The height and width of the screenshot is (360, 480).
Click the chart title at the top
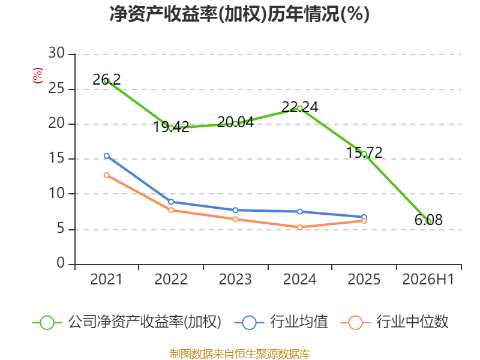point(239,14)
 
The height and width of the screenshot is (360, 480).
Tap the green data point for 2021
point(107,81)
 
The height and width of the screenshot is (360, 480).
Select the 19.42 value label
point(171,127)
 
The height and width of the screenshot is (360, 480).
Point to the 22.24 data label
point(300,107)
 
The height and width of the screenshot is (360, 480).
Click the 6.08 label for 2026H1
point(428,220)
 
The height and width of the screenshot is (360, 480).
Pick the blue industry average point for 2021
point(107,156)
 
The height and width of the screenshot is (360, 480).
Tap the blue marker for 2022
point(171,202)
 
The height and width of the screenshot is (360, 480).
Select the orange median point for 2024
point(300,227)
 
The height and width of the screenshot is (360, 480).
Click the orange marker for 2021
point(107,175)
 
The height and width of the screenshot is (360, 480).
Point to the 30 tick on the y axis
point(56,53)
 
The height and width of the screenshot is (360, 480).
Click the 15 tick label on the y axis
point(56,158)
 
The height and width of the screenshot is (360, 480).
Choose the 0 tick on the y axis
point(61,263)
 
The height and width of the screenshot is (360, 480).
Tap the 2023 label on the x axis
point(235,279)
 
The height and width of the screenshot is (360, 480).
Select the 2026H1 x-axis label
point(428,279)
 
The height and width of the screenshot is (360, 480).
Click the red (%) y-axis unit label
point(38,76)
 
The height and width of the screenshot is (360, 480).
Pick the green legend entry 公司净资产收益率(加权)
point(127,322)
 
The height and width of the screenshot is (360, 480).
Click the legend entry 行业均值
point(281,322)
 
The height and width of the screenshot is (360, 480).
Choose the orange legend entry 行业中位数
point(395,322)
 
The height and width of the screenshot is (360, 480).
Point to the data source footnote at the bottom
point(240,353)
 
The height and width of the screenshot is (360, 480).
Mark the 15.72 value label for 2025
point(364,152)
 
